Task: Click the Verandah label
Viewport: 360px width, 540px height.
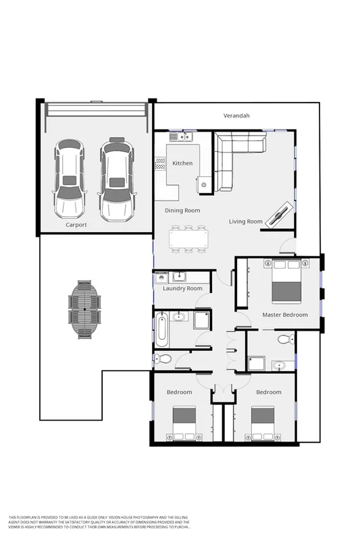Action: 236,116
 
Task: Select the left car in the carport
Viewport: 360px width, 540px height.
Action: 70,178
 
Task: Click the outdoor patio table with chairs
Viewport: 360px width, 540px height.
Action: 84,308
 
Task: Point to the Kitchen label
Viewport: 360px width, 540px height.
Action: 182,163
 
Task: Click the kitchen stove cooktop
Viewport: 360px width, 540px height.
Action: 161,164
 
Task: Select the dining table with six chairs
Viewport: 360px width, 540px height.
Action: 188,239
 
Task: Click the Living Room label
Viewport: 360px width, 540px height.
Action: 245,221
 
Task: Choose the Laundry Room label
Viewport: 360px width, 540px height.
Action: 182,289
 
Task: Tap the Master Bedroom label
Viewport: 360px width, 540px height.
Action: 284,315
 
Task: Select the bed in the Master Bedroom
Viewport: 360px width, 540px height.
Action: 286,282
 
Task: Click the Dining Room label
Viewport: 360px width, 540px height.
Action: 182,211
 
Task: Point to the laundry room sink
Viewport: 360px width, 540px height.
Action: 180,275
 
